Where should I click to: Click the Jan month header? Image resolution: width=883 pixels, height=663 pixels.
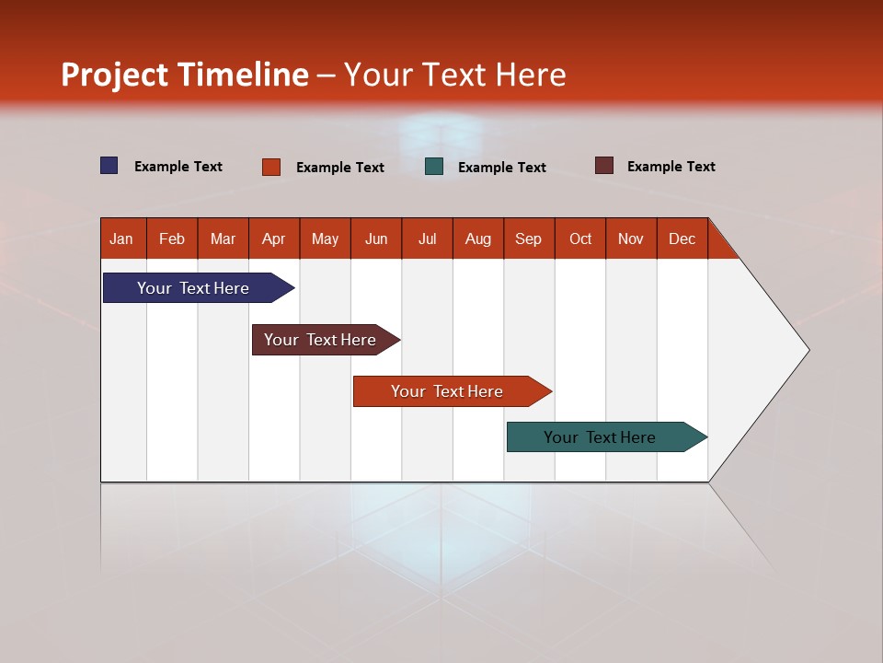pyautogui.click(x=122, y=238)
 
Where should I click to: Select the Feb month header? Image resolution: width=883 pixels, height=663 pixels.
pyautogui.click(x=172, y=238)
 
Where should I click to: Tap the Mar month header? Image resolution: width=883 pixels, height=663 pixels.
pyautogui.click(x=223, y=238)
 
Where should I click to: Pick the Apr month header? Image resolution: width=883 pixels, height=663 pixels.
pyautogui.click(x=274, y=238)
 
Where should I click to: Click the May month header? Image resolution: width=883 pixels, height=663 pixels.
pyautogui.click(x=325, y=238)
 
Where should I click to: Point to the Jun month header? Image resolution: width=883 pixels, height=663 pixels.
pyautogui.click(x=376, y=238)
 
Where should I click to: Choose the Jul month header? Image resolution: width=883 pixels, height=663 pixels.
pyautogui.click(x=427, y=238)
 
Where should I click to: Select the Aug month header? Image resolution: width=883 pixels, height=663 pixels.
pyautogui.click(x=478, y=238)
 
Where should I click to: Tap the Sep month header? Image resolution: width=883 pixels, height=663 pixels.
pyautogui.click(x=529, y=238)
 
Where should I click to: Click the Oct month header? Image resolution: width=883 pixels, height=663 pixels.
pyautogui.click(x=580, y=238)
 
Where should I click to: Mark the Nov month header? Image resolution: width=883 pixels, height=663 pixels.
pyautogui.click(x=631, y=238)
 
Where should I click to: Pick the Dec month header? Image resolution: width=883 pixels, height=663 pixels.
pyautogui.click(x=682, y=238)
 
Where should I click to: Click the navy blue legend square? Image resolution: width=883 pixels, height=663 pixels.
pyautogui.click(x=109, y=166)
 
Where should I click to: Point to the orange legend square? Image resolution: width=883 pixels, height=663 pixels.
pyautogui.click(x=271, y=167)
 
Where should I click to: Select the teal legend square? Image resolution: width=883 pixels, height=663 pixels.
pyautogui.click(x=434, y=167)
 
